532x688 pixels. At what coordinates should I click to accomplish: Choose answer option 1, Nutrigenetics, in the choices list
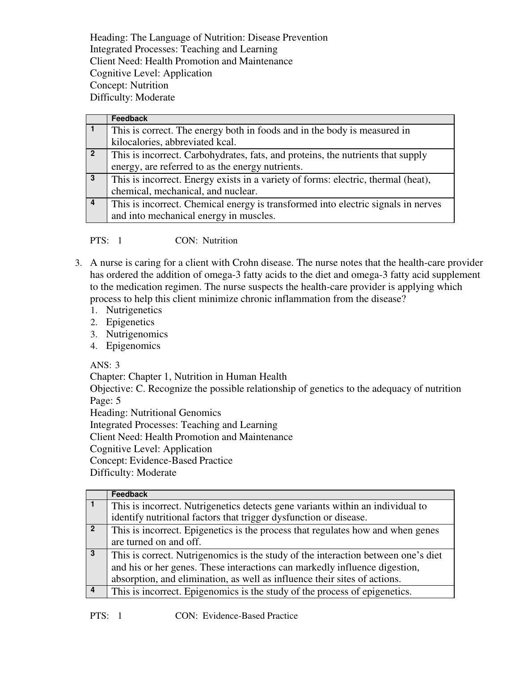tap(134, 310)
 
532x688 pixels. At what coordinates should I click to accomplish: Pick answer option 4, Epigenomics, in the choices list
tap(133, 346)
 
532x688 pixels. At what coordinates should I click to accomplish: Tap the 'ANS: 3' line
tap(105, 365)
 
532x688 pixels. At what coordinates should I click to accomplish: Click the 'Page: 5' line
tap(105, 401)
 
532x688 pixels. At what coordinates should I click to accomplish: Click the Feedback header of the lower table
tap(129, 494)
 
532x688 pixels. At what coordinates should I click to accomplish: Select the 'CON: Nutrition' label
tap(206, 241)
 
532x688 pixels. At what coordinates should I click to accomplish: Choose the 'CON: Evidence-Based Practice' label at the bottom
tap(236, 616)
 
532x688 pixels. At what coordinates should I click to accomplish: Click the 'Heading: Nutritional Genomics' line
tap(155, 413)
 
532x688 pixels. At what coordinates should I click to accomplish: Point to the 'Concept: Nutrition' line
tap(129, 85)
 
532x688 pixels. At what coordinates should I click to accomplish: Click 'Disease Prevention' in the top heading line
tap(287, 38)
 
